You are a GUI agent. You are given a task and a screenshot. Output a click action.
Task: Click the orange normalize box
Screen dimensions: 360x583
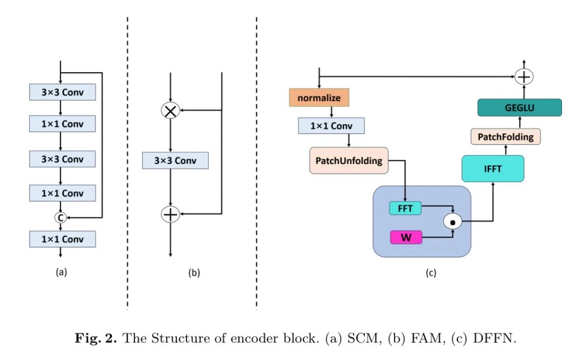pyautogui.click(x=319, y=98)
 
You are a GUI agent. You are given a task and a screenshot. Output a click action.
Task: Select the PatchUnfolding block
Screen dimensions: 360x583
pyautogui.click(x=349, y=160)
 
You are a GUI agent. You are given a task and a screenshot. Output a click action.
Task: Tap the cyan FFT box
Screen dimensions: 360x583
pyautogui.click(x=405, y=208)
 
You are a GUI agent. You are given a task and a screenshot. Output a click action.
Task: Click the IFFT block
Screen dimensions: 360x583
pyautogui.click(x=493, y=168)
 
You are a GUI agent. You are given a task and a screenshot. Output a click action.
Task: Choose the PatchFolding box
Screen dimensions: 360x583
pyautogui.click(x=505, y=137)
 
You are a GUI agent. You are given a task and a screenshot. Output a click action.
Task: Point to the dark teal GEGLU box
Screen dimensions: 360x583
pyautogui.click(x=520, y=107)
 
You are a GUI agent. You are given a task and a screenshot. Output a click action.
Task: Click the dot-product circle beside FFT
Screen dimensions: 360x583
pyautogui.click(x=452, y=221)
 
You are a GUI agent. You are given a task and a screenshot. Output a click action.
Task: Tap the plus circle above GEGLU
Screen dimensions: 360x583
pyautogui.click(x=523, y=77)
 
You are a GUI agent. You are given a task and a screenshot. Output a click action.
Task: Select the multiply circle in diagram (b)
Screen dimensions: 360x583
pyautogui.click(x=170, y=110)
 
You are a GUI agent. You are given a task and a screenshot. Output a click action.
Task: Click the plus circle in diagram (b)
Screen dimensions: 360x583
pyautogui.click(x=170, y=215)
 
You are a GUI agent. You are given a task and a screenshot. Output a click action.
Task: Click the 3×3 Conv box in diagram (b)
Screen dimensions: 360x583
pyautogui.click(x=175, y=161)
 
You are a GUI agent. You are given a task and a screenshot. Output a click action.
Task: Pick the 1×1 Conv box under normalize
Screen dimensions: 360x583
pyautogui.click(x=331, y=126)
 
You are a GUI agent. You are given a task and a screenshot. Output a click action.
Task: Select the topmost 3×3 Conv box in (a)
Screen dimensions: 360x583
pyautogui.click(x=63, y=92)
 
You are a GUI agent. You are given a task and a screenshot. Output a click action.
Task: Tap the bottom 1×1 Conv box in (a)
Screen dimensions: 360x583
pyautogui.click(x=63, y=239)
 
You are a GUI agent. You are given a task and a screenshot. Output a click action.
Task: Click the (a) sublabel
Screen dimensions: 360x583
pyautogui.click(x=62, y=273)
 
